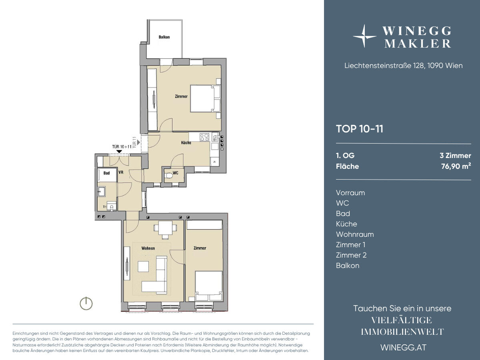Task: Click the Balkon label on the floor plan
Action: (x=164, y=37)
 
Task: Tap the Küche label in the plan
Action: (x=186, y=143)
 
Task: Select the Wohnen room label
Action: (x=148, y=248)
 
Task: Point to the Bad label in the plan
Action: (x=106, y=173)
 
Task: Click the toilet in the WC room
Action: (x=169, y=176)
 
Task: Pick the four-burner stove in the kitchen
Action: (x=204, y=137)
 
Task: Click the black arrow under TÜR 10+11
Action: (x=119, y=152)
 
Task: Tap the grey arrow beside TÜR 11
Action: (x=138, y=142)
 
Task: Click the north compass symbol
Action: (x=86, y=303)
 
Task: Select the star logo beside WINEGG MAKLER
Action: (x=364, y=36)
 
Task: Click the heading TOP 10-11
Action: (x=360, y=129)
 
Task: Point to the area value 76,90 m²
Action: (x=456, y=166)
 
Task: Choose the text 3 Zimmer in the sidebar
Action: (x=455, y=156)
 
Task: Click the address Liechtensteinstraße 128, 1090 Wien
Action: (x=404, y=66)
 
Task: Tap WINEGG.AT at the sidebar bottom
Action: (x=404, y=348)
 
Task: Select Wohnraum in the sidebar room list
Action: (x=355, y=234)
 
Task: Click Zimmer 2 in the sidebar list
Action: (x=351, y=255)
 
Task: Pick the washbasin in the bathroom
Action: (x=102, y=191)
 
